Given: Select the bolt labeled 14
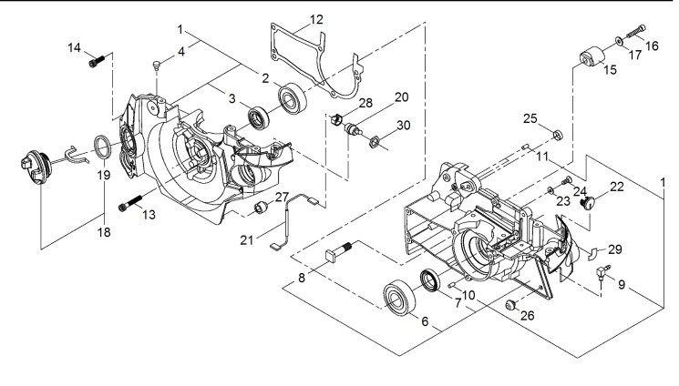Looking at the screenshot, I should point(98,62).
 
